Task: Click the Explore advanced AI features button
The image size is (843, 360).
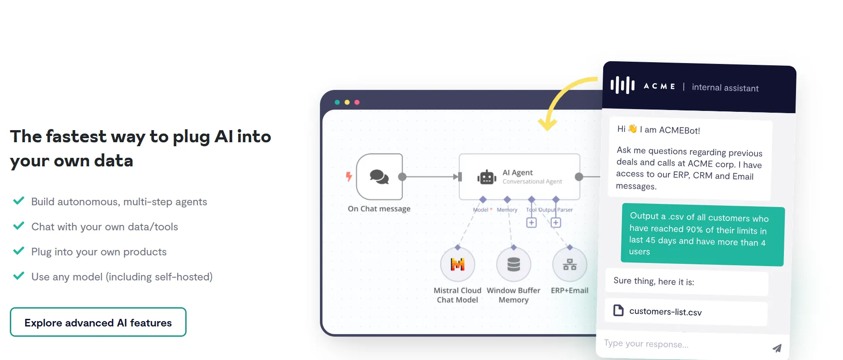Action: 98,322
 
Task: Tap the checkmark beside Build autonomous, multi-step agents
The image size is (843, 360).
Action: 19,201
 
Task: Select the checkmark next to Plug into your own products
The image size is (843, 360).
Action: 19,251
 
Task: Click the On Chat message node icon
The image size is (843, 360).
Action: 379,177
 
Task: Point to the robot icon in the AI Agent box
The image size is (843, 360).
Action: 487,177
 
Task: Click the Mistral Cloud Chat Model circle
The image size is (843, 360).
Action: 457,265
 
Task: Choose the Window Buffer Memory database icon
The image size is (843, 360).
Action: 514,265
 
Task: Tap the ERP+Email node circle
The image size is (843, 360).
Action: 570,265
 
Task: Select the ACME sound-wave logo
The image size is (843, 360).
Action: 622,85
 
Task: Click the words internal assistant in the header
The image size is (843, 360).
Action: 725,88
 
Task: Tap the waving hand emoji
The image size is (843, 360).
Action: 632,129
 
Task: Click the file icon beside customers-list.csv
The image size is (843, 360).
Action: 618,310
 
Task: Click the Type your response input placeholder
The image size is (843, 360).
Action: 646,343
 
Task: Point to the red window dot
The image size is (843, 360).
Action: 357,102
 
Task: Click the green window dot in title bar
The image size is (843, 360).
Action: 337,102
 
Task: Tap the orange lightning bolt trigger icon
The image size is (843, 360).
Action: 349,177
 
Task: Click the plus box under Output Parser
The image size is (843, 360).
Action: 556,222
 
